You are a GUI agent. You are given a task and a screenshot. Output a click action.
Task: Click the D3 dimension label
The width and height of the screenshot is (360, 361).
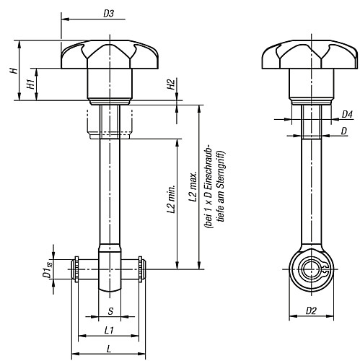click(108, 12)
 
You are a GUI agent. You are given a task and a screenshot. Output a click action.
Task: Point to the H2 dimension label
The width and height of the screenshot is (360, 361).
click(170, 84)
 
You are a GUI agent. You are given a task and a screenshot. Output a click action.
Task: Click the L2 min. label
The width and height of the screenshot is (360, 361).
click(170, 198)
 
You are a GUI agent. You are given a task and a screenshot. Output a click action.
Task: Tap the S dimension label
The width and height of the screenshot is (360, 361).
click(109, 311)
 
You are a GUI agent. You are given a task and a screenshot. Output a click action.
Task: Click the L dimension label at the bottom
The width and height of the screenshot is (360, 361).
click(108, 349)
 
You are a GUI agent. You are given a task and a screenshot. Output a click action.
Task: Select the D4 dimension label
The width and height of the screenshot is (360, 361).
click(346, 114)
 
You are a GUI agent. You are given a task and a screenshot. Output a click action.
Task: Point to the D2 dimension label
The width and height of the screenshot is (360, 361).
click(311, 311)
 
